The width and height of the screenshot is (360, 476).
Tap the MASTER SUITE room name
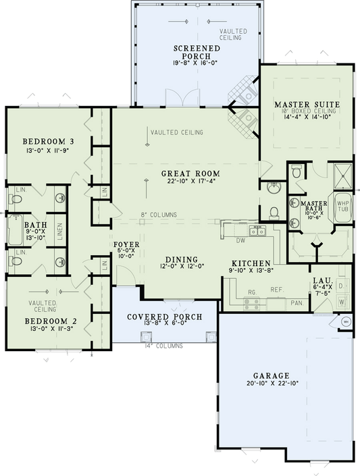click(307, 104)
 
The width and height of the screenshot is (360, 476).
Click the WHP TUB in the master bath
click(341, 206)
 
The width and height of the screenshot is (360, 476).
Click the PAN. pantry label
click(296, 304)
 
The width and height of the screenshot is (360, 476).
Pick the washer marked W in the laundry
click(341, 302)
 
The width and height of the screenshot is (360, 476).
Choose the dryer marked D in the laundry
click(341, 287)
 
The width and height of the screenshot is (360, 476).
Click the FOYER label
click(126, 245)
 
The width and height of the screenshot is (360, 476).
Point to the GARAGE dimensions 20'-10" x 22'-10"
click(272, 383)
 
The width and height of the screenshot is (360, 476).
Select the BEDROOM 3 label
click(45, 141)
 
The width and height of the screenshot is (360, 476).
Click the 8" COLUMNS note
click(159, 215)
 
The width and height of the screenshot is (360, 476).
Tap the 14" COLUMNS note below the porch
click(164, 346)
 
